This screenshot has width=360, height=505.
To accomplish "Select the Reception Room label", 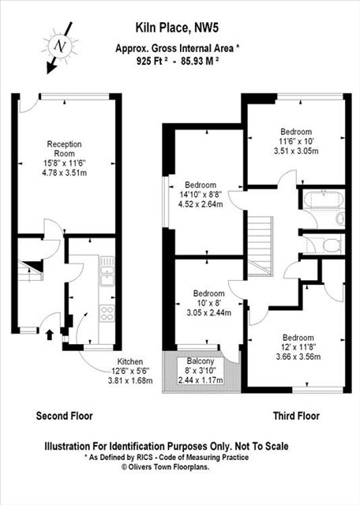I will point(65,149).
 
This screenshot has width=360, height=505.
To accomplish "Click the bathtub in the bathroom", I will point(323,198).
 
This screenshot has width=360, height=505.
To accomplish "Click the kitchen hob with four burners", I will point(107,310).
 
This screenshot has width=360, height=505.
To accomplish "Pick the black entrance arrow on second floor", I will point(51,334).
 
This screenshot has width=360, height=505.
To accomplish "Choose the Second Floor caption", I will point(65,415).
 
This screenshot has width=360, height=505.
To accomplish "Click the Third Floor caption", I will point(294,415).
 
